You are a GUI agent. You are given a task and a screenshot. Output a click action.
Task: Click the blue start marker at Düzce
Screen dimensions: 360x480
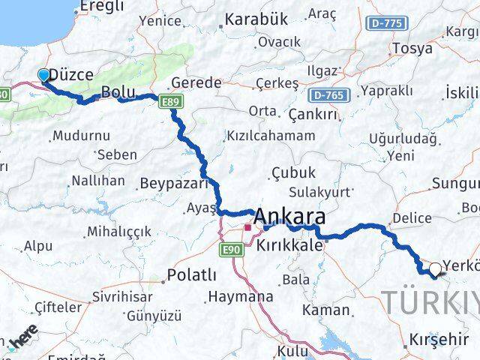coord(43,75)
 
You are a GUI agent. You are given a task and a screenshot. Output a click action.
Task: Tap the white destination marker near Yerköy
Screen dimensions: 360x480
coord(435,268)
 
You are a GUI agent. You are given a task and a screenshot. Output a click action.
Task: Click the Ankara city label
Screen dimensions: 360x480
coord(290,217)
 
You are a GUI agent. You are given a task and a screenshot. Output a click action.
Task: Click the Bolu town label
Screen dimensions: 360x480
coord(118,93)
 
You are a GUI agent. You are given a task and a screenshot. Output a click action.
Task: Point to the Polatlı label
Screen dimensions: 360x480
coord(193,274)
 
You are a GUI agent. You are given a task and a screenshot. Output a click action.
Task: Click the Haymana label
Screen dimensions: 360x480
coord(241,296)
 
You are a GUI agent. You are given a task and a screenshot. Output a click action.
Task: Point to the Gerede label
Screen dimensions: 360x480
coord(196,82)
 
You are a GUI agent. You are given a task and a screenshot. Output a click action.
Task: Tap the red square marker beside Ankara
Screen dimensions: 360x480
coord(247,226)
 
